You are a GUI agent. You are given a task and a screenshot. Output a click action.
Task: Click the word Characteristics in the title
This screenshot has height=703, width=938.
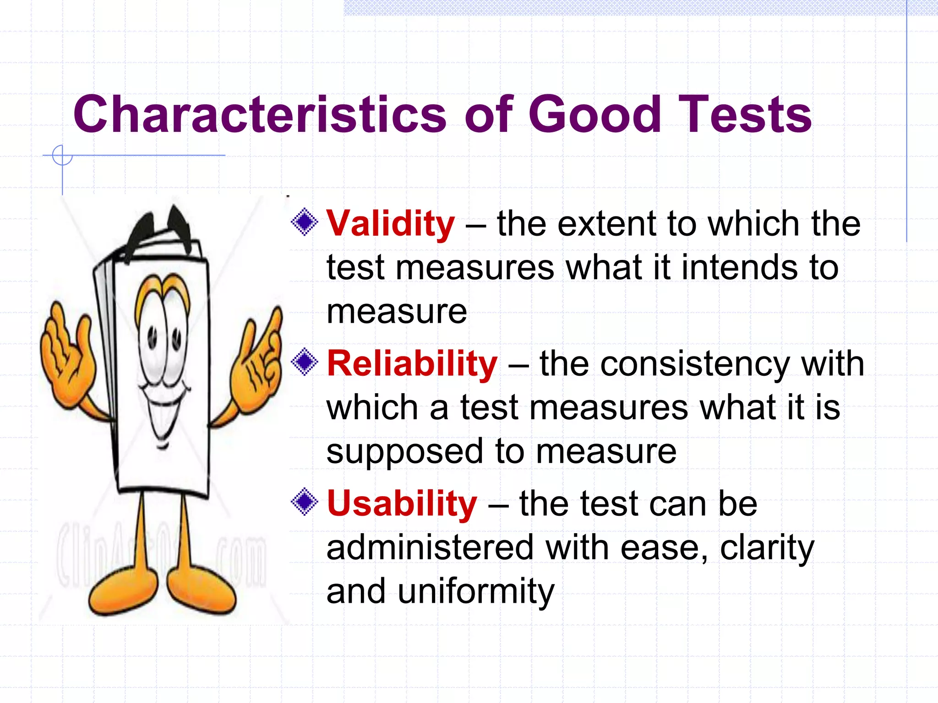point(259,114)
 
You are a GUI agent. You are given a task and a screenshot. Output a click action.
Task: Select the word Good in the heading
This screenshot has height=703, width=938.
point(594,114)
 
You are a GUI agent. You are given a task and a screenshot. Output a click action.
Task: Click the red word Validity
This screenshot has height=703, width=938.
point(390,224)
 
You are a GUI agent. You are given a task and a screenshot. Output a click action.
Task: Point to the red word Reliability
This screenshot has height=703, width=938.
point(412,364)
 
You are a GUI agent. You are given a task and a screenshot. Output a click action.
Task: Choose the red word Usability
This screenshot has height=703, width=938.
point(402,504)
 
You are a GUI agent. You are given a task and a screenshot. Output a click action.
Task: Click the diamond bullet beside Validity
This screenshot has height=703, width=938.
point(305,222)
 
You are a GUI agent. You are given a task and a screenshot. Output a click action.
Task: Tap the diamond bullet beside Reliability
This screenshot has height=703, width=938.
point(305,362)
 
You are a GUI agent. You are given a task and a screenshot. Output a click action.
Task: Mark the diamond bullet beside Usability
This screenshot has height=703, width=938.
point(305,503)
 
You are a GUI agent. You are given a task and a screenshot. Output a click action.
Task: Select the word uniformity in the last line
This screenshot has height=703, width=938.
point(476,591)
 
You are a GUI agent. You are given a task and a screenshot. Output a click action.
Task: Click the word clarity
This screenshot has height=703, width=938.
point(767,548)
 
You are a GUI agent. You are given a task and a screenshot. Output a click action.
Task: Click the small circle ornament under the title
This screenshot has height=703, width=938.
point(62,156)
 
